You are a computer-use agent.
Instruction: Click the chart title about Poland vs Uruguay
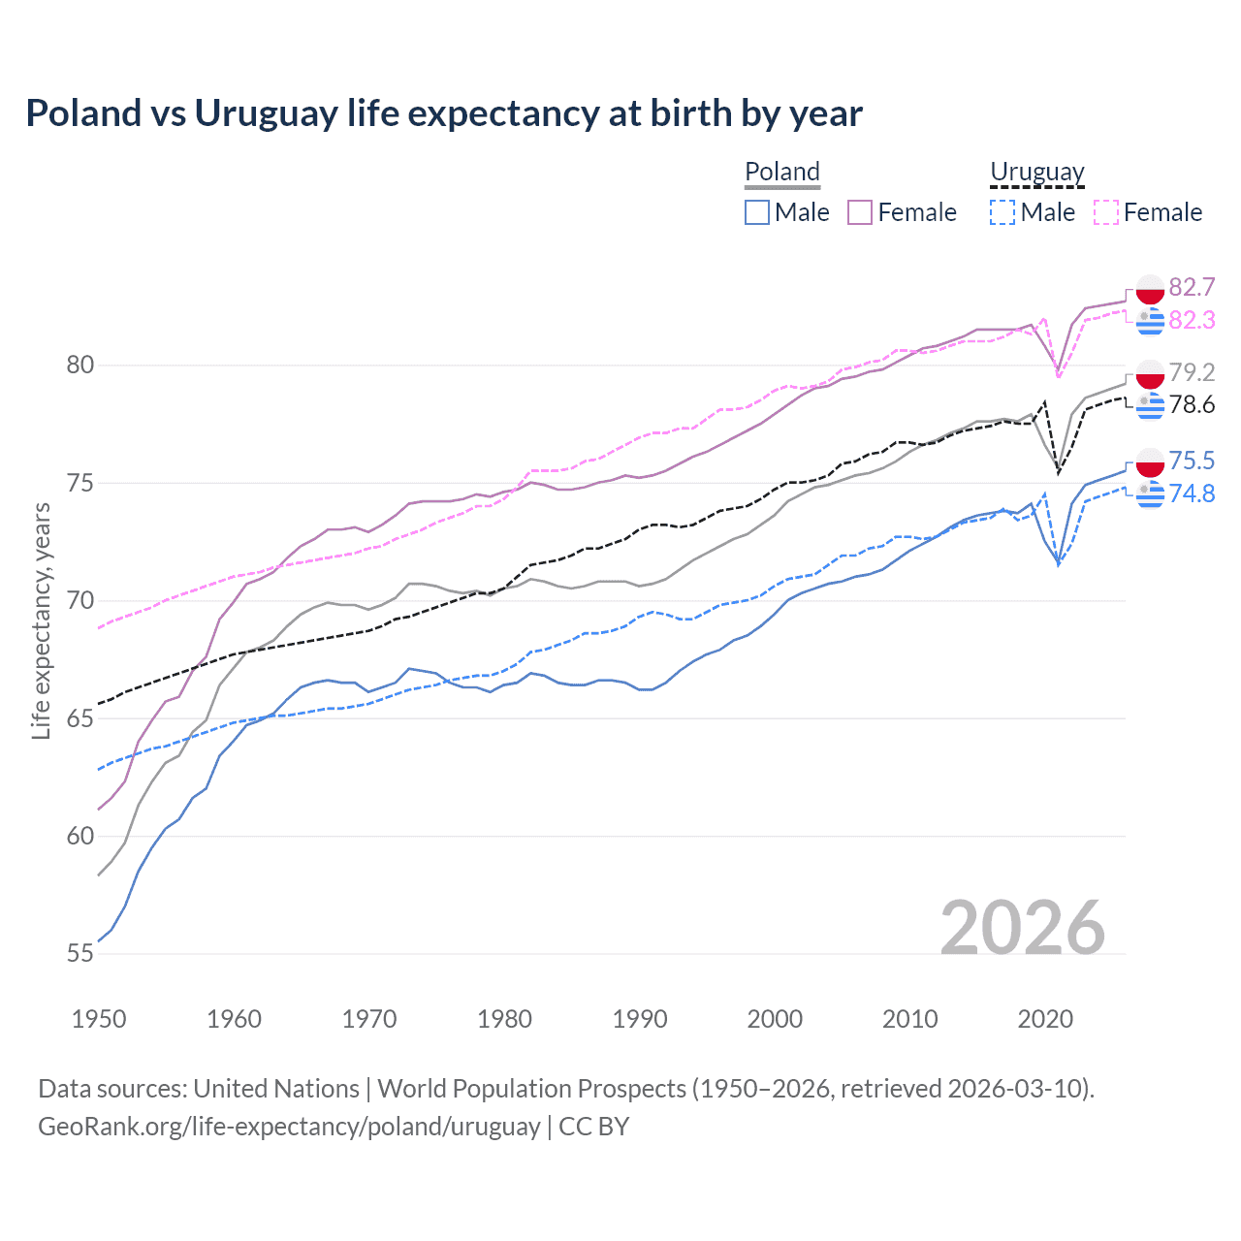click(444, 113)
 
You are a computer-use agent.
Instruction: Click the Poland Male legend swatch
click(757, 212)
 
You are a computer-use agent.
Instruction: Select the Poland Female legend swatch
click(860, 212)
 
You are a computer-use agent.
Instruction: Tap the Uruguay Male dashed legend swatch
click(1002, 212)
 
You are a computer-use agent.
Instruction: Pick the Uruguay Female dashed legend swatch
click(1106, 212)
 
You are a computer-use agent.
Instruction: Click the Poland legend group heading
click(782, 172)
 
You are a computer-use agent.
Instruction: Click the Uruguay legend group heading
click(1036, 172)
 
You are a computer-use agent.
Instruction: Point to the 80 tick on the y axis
click(80, 366)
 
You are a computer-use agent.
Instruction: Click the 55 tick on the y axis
click(80, 954)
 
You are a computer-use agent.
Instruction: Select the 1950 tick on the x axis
click(99, 1019)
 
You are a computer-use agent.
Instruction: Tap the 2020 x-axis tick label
click(1045, 1019)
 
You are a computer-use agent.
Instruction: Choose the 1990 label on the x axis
click(640, 1019)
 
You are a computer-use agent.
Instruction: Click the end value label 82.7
click(1192, 287)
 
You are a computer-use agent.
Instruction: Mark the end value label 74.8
click(1192, 493)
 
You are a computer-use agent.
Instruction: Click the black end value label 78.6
click(1192, 404)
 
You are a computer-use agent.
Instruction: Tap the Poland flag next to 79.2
click(1150, 373)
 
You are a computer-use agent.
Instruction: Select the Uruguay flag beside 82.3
click(1150, 320)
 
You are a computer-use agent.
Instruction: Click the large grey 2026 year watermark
click(1023, 928)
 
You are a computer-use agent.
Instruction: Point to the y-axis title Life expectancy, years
click(42, 621)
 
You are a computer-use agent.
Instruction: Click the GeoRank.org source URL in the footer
click(289, 1127)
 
